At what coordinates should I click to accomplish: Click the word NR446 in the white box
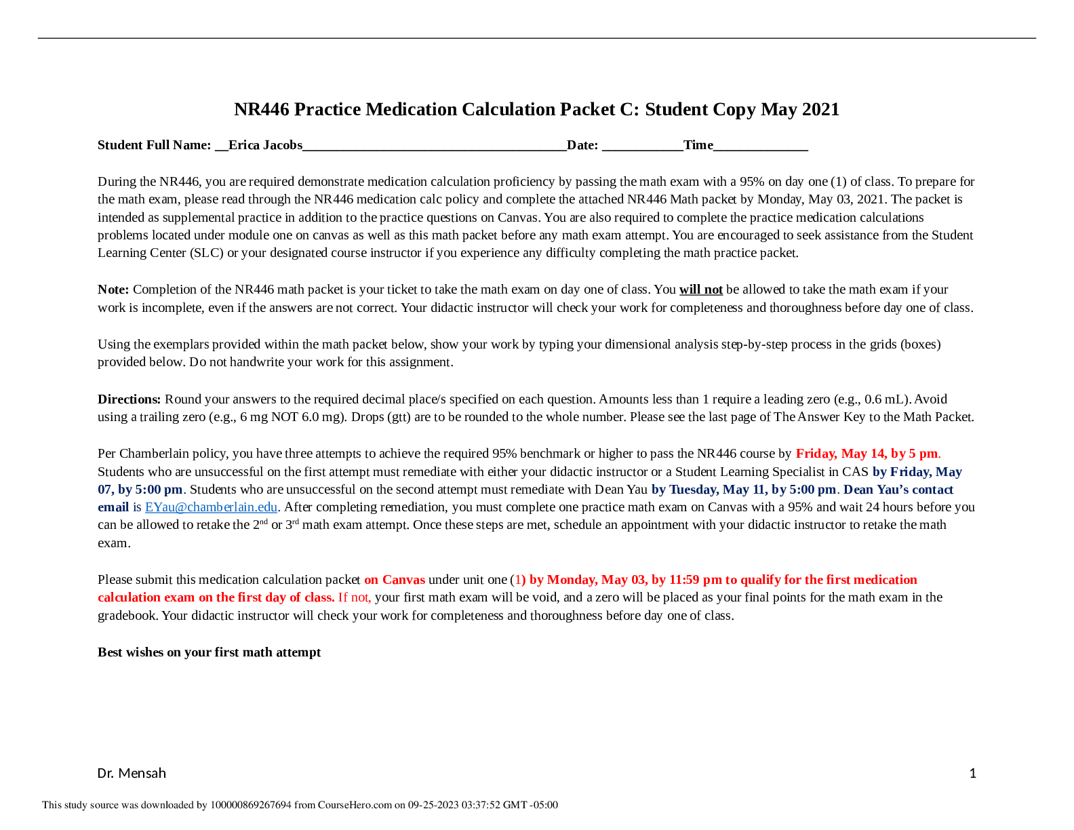tap(334, 199)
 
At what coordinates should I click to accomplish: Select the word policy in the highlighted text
tap(462, 199)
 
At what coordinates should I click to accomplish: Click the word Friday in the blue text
tap(909, 472)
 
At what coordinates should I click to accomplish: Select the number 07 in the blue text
tap(104, 490)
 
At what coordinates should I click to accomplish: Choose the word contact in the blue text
tap(932, 490)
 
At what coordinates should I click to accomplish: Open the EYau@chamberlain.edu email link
tap(211, 507)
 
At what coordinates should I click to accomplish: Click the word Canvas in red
tap(404, 580)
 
